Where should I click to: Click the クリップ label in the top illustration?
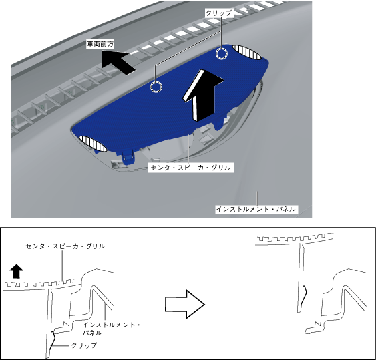[x=219, y=13]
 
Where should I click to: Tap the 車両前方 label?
[x=100, y=44]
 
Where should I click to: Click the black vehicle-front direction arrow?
[x=118, y=62]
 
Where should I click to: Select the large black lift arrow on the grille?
[x=202, y=94]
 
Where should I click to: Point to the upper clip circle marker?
[x=222, y=53]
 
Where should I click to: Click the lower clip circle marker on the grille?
[x=156, y=87]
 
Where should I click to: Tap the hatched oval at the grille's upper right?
[x=246, y=52]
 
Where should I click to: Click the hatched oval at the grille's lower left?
[x=93, y=144]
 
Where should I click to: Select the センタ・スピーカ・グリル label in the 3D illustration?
[x=191, y=168]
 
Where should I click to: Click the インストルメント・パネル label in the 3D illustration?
[x=256, y=209]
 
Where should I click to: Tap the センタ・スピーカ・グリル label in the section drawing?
[x=65, y=246]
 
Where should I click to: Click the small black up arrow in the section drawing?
[x=17, y=271]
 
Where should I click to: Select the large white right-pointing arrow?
[x=184, y=304]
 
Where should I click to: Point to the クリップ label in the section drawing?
[x=84, y=345]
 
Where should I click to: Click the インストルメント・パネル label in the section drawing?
[x=111, y=329]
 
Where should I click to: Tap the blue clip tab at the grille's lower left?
[x=128, y=156]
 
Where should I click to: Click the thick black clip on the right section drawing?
[x=304, y=295]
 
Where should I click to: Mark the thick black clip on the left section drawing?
[x=53, y=340]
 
